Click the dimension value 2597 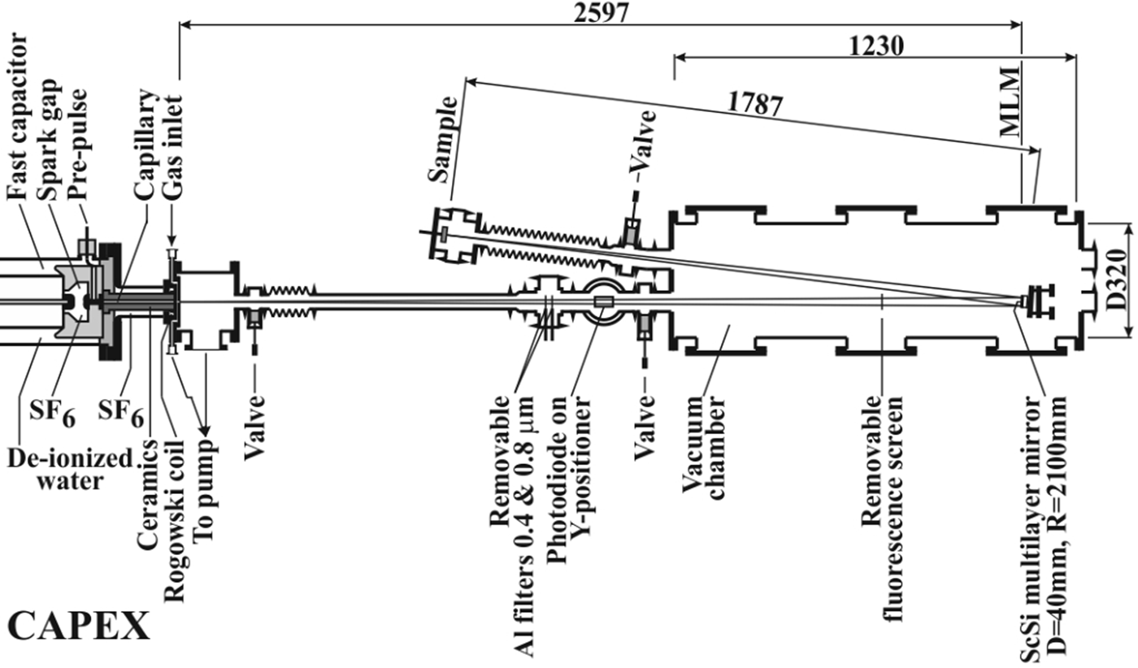(x=602, y=14)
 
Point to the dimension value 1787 (x=755, y=105)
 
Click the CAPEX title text (x=79, y=627)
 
